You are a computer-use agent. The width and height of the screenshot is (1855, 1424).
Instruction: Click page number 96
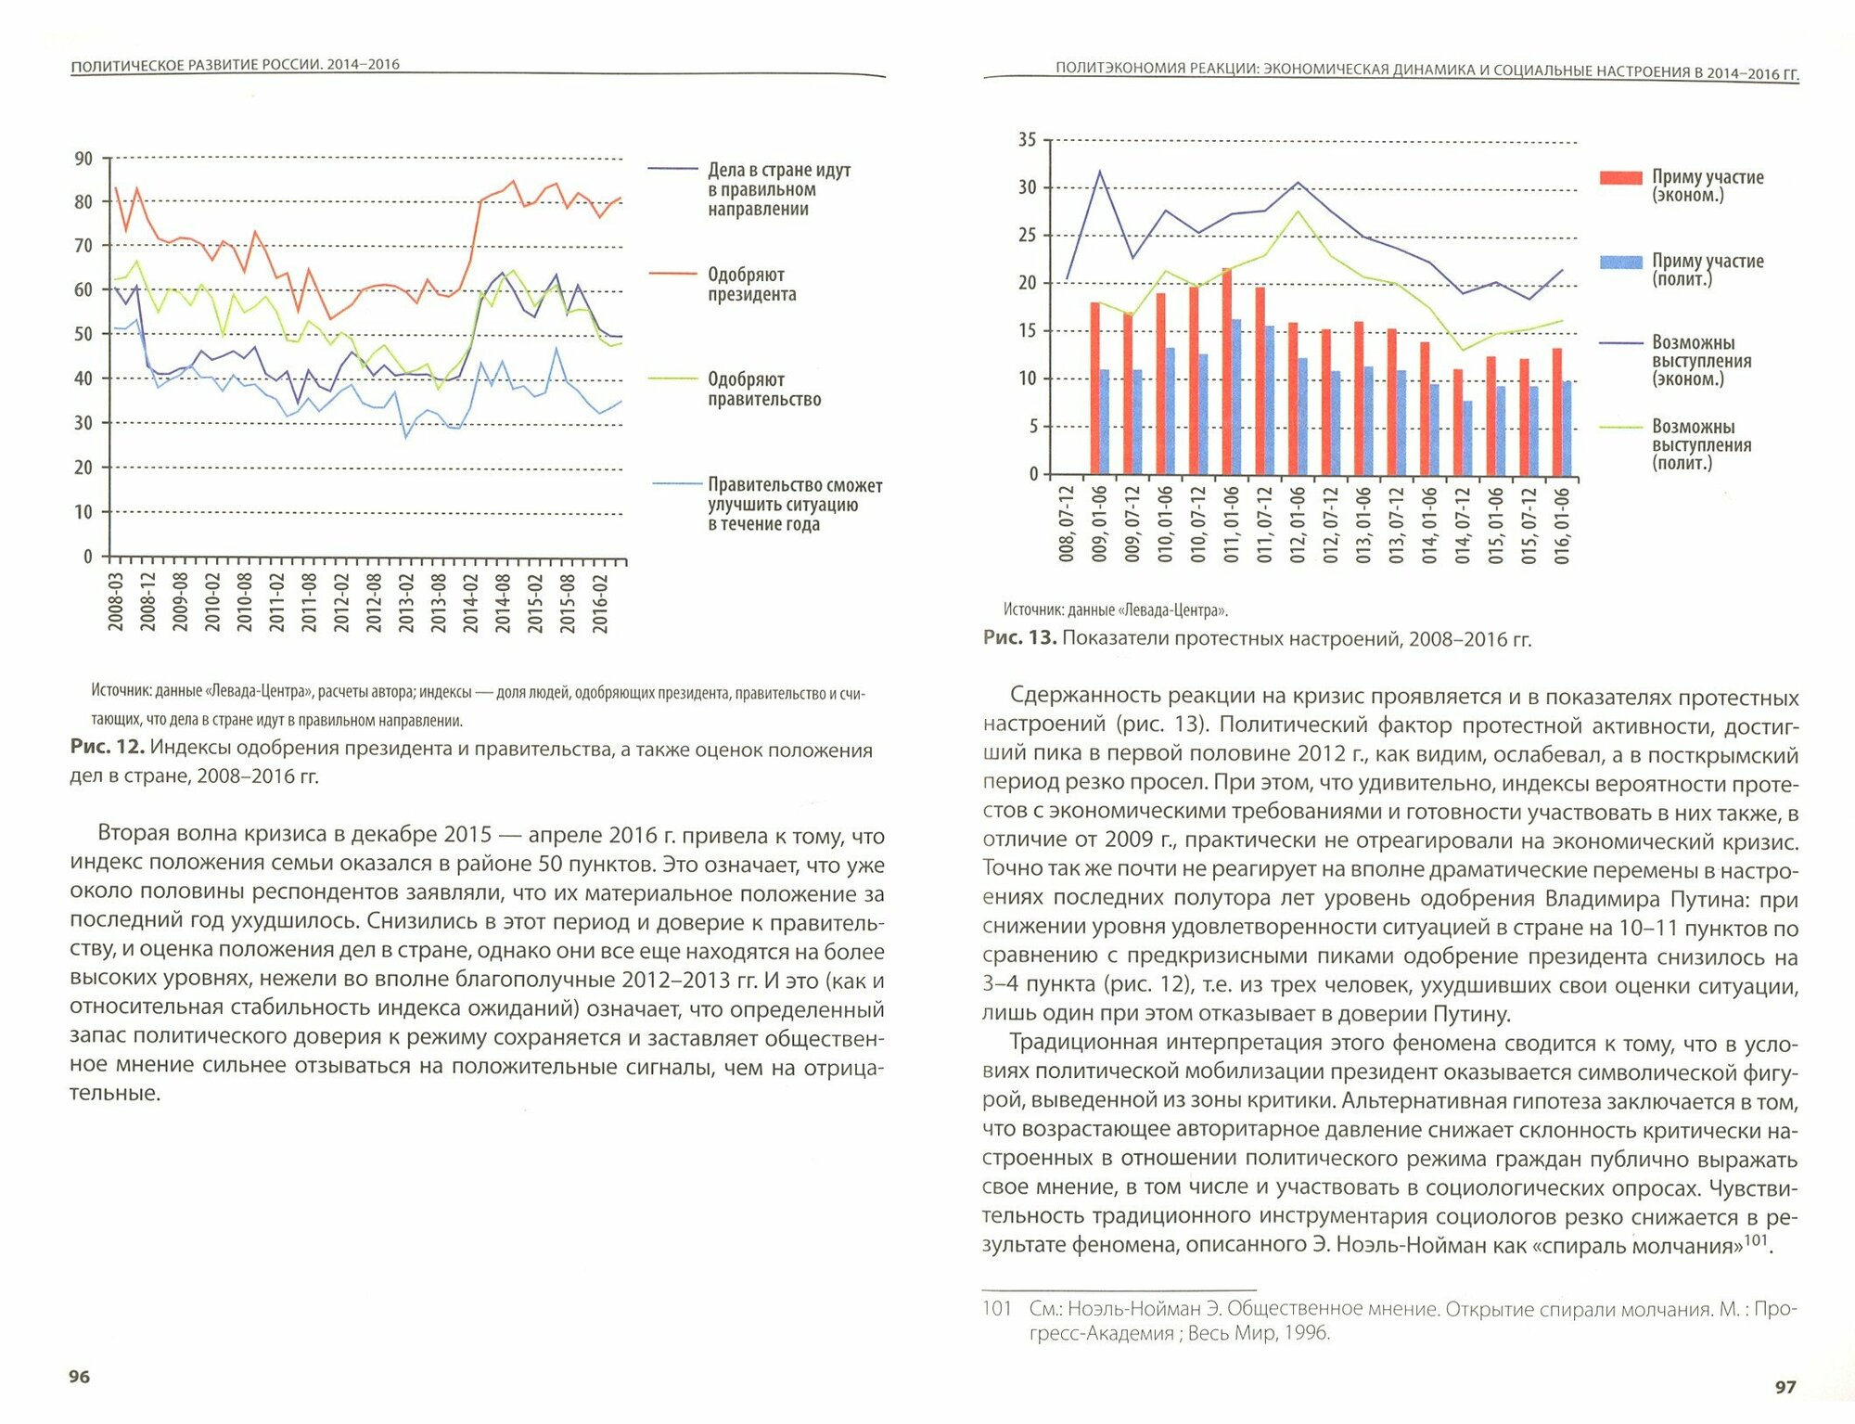pos(80,1377)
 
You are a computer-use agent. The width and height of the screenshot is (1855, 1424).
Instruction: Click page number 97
pos(1785,1387)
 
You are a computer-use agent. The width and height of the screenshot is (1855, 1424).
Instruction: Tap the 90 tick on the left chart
pos(83,159)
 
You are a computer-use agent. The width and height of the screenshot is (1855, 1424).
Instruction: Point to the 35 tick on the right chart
pos(1027,140)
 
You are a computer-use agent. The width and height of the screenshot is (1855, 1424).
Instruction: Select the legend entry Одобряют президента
pos(751,285)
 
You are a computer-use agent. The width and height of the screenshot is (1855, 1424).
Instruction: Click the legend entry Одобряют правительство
pos(763,390)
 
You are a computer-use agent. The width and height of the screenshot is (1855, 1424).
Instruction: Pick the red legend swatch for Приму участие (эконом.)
pos(1620,178)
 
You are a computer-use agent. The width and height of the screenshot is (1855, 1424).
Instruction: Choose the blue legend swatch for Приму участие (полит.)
pos(1620,263)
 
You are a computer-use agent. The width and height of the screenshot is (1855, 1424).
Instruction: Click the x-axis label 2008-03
pos(116,602)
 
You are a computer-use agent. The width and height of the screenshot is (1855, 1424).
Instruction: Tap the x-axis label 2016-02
pos(600,603)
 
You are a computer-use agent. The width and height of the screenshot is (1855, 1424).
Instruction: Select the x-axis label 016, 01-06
pos(1562,526)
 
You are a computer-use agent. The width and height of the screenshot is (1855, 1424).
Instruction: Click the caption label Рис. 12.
pos(106,750)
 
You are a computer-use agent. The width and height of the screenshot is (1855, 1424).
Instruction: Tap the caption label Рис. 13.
pos(1019,638)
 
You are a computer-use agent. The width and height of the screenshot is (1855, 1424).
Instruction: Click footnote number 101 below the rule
pos(996,1309)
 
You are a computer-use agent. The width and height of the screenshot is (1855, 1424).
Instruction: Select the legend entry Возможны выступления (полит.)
pos(1701,445)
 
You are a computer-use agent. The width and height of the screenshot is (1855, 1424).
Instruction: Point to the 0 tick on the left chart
pos(88,557)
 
